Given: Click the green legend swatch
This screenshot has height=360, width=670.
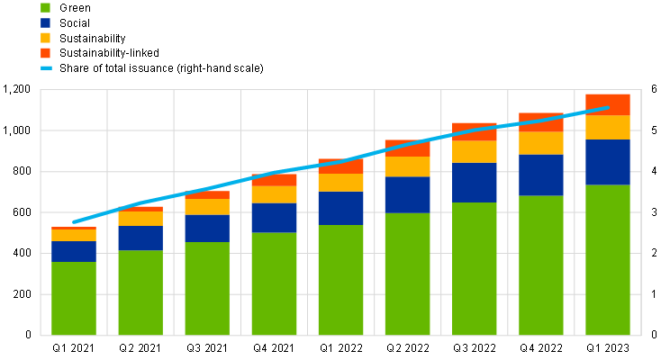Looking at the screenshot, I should point(45,7).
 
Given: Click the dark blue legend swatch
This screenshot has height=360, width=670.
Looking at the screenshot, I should point(45,22).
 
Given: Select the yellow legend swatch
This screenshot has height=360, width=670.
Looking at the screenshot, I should point(45,38).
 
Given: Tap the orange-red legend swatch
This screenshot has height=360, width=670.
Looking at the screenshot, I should point(45,53).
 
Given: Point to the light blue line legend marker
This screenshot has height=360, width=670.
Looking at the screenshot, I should point(46,67).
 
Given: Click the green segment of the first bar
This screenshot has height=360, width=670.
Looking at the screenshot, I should point(74,298).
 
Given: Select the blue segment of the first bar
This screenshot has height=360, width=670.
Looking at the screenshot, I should point(74,251).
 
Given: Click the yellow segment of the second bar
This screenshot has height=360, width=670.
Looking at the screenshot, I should point(140,219).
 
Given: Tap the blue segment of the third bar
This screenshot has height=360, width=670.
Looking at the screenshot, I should point(207,229).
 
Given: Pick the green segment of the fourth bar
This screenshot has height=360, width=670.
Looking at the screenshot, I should point(274,283).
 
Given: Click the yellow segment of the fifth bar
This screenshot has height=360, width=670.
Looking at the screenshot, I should point(340,183).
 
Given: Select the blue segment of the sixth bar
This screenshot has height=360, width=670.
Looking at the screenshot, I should point(407,194).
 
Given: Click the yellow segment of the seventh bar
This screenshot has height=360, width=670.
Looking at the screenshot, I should point(475,152).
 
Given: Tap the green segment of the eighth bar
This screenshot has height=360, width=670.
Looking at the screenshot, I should point(541,265).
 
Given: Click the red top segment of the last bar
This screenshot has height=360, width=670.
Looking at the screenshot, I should point(608,104).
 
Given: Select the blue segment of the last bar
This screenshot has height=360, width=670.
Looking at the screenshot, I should point(608,162).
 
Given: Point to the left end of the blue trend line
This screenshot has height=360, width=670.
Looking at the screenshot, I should point(74,221).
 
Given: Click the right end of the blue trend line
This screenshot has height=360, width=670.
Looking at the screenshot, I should point(608,108).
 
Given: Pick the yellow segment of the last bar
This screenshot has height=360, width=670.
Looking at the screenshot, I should point(608,127).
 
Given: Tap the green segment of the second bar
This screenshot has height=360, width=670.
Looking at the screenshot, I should point(140,292).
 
